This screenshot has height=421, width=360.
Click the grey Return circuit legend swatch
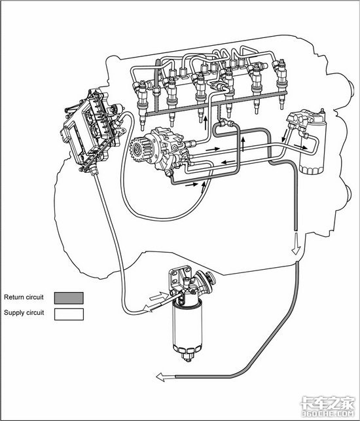[x=69, y=298]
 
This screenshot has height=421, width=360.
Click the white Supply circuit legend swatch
[x=69, y=314]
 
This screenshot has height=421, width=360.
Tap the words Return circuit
[x=24, y=297]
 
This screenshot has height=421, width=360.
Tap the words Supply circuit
[x=24, y=312]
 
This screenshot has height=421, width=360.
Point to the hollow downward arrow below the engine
[x=296, y=244]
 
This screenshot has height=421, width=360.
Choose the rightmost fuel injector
[x=281, y=83]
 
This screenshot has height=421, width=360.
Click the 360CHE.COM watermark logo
[x=328, y=406]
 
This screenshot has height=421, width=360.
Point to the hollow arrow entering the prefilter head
[x=158, y=296]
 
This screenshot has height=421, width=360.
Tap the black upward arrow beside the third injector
[x=206, y=123]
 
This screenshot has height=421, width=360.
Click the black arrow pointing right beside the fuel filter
[x=300, y=146]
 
